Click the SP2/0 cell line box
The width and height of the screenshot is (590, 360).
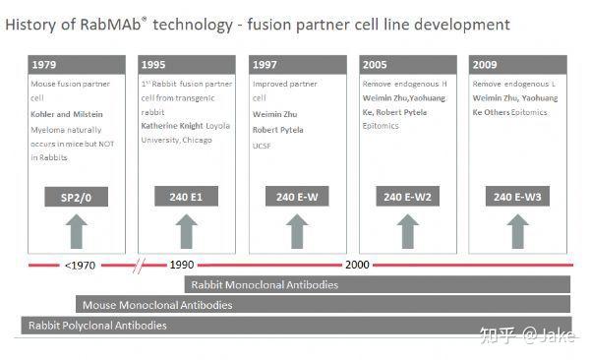pos(76,198)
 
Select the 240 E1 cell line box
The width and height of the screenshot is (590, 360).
pos(186,198)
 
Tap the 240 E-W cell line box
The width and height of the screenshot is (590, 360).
pos(296,198)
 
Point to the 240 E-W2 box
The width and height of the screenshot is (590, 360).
pos(406,198)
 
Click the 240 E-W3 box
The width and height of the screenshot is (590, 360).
pos(516,198)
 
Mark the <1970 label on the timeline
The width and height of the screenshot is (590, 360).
pos(80,265)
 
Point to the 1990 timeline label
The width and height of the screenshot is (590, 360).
pos(182,265)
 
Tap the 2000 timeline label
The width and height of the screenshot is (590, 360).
pos(356,265)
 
